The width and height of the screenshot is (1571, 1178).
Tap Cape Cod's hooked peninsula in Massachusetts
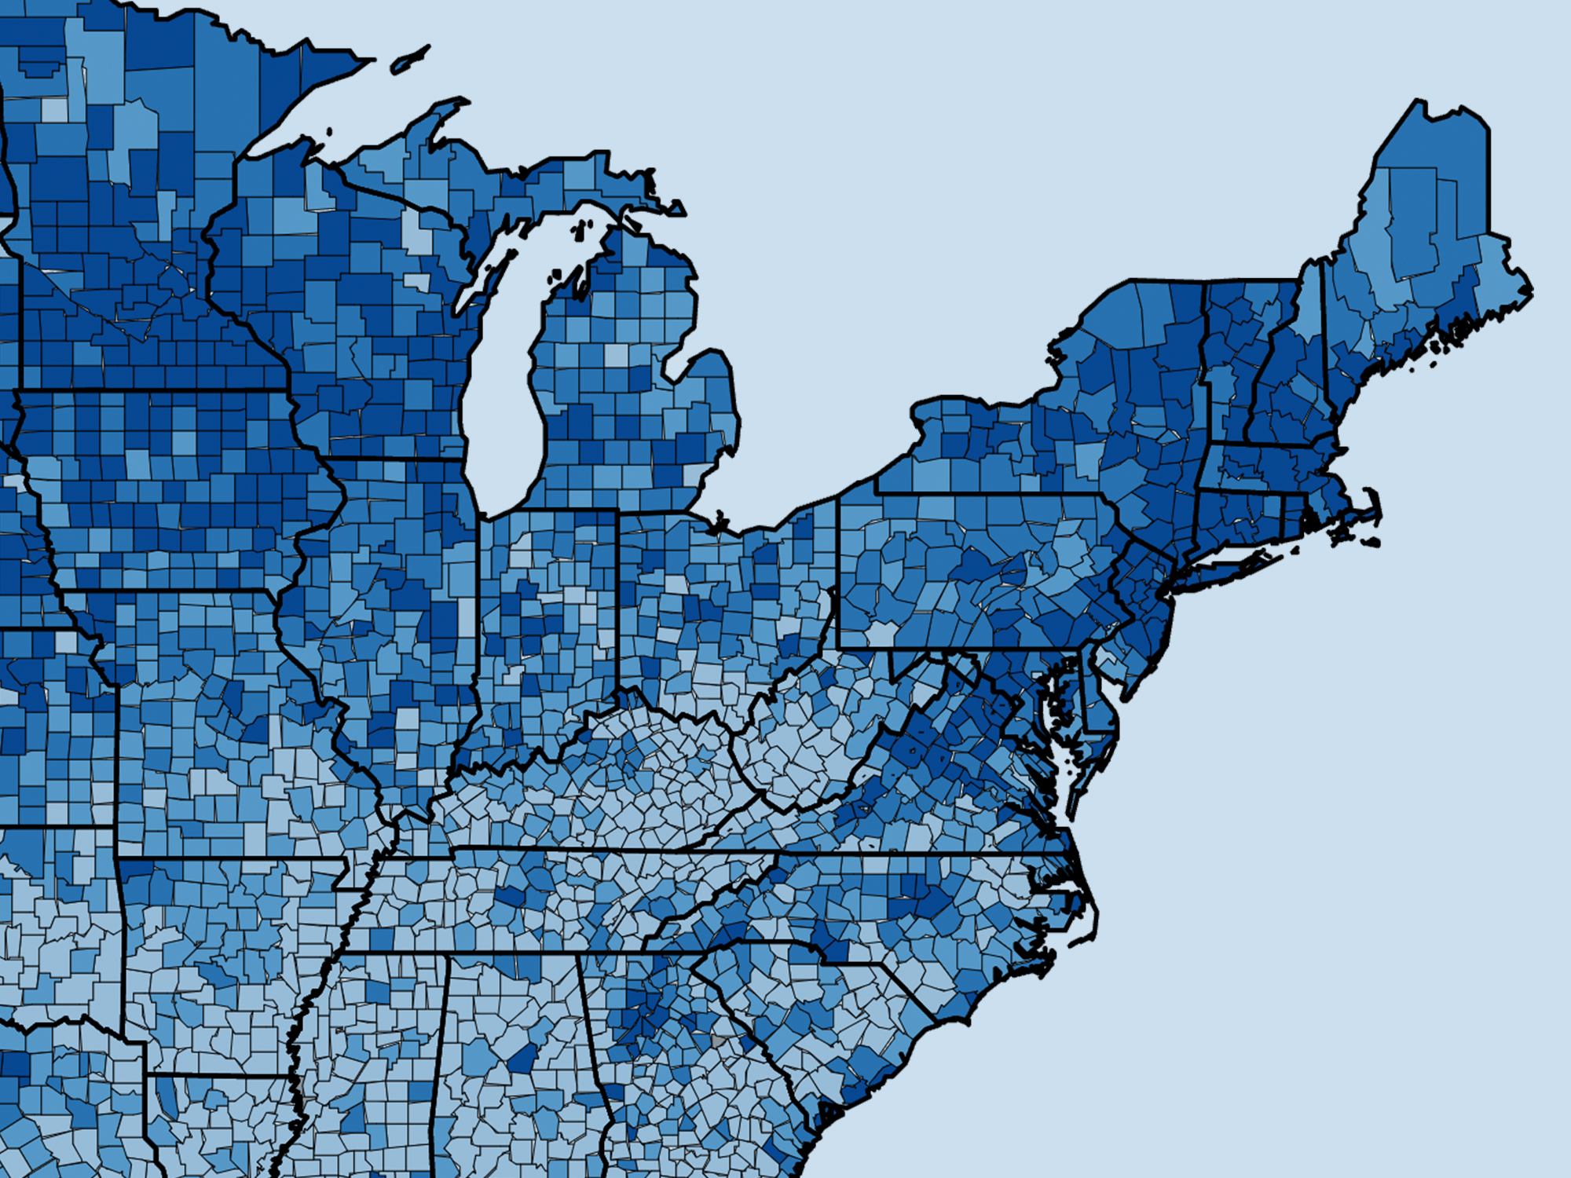coord(1371,510)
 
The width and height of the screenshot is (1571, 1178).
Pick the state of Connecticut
coord(1237,514)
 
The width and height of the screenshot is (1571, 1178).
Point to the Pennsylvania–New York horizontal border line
coord(982,494)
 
